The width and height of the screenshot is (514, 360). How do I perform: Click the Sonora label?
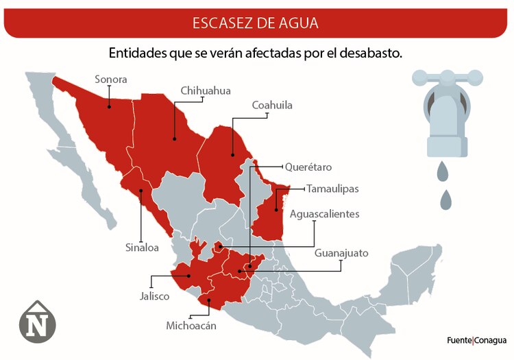click(110, 80)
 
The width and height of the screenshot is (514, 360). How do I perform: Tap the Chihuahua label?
click(206, 91)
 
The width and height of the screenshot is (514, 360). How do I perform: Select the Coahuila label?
click(272, 106)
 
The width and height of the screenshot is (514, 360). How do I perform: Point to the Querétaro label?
click(308, 167)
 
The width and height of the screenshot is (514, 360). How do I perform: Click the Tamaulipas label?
click(332, 189)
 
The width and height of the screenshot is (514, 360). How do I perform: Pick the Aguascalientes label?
click(324, 214)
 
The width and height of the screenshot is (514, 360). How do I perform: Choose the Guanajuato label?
click(341, 253)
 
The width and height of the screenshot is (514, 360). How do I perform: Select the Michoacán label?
click(191, 326)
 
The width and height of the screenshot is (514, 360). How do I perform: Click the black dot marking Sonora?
click(109, 107)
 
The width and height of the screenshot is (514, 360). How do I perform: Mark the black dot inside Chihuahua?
click(175, 139)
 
